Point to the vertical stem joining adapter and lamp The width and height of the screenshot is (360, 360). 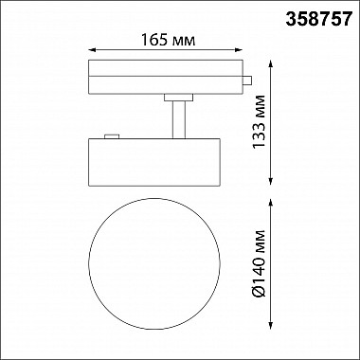coord(176,118)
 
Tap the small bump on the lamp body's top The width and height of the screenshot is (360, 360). coord(112,137)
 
